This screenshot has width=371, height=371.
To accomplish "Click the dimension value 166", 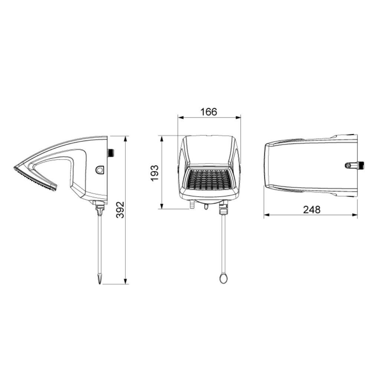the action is pos(209,112).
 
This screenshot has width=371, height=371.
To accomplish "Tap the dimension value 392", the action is pos(121,210).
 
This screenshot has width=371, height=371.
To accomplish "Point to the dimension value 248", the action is pos(312,210).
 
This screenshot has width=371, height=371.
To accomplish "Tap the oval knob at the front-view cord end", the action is pos(223,278).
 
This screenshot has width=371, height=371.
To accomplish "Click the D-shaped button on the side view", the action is pos(100,170).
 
